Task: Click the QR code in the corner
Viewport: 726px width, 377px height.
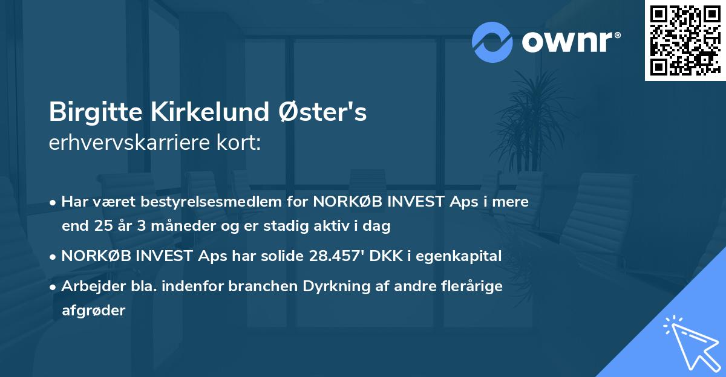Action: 684,40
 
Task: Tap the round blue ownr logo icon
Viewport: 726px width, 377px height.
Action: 492,42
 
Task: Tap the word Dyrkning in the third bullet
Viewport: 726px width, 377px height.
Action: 344,286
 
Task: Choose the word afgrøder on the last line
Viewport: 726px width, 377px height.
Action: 93,311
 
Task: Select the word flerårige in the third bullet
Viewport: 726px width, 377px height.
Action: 475,286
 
